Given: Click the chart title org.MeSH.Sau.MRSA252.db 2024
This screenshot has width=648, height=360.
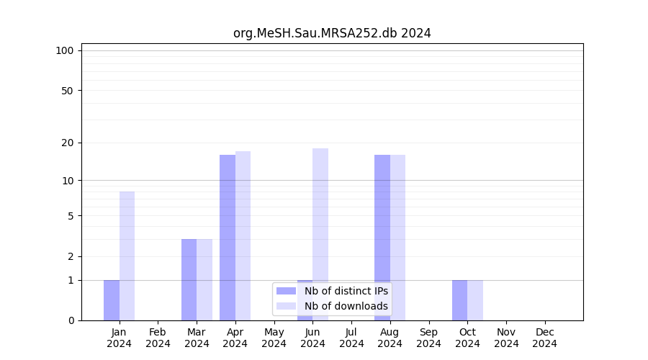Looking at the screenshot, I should click(332, 33).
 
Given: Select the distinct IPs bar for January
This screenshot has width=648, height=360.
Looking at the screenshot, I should click(112, 300).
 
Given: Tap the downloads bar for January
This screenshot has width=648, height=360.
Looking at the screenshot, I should click(127, 256).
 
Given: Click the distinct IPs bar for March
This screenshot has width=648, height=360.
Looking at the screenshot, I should click(189, 279).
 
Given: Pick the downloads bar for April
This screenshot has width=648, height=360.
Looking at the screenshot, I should click(243, 235).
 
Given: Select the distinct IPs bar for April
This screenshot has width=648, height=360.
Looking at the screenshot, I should click(228, 238).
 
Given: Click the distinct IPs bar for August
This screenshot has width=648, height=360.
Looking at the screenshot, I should click(382, 238).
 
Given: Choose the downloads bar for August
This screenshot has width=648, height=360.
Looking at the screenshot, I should click(397, 238).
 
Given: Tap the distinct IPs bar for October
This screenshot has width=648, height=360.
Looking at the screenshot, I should click(459, 300).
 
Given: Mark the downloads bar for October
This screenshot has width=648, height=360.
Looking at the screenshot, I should click(475, 300).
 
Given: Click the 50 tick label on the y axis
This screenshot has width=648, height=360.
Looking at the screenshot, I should click(67, 91).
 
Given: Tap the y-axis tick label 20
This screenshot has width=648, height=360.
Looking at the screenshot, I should click(67, 143).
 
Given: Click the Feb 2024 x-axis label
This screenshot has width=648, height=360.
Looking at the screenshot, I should click(158, 338).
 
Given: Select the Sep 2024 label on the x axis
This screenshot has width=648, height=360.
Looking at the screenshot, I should click(428, 338).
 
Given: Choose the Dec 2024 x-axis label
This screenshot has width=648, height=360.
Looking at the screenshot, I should click(544, 338).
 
